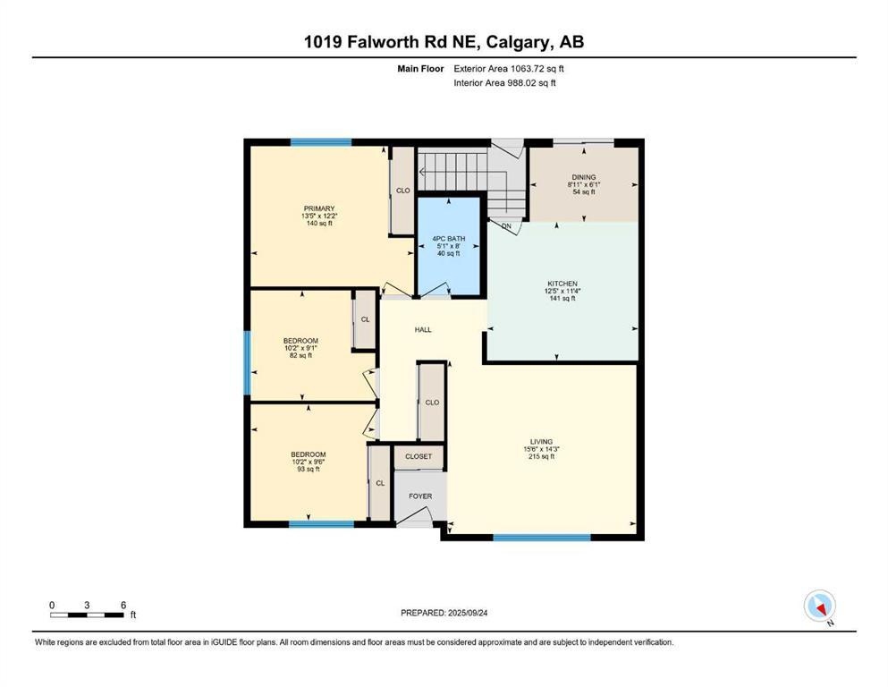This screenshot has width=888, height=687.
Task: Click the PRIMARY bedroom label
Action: point(317,208)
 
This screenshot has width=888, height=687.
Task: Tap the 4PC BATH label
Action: point(450,239)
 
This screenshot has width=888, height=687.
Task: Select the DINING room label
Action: point(583,177)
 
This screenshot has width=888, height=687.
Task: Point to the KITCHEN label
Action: point(562,284)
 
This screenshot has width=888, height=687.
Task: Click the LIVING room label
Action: point(541,442)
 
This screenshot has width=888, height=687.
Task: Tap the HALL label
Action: point(423,329)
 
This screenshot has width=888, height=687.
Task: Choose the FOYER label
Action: point(420,496)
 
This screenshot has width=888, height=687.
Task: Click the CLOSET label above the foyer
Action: point(419,456)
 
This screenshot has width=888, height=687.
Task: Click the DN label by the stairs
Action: point(506,226)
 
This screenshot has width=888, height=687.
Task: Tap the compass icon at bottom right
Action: point(819,606)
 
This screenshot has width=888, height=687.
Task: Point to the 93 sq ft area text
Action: point(309,469)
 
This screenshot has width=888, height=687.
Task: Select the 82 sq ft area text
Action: point(300,356)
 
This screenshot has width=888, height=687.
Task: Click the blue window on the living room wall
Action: point(542,538)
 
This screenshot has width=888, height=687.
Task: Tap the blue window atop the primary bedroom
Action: point(320,142)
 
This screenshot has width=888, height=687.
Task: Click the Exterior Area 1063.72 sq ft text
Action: point(509,68)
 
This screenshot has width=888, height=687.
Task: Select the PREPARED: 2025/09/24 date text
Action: point(444,613)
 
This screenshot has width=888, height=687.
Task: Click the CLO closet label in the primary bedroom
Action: point(403,190)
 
